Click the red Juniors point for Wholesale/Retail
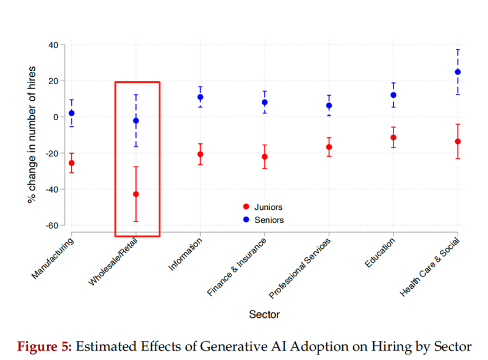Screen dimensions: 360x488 point(135,194)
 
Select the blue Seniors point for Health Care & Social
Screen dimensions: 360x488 point(457,72)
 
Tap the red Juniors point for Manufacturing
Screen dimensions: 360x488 point(71,163)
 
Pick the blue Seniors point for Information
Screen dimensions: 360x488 point(200,97)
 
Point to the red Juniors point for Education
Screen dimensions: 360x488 point(393,137)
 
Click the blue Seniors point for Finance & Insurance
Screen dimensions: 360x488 point(264,103)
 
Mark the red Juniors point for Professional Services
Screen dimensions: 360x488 point(329,147)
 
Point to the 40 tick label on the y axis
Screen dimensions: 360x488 point(53,45)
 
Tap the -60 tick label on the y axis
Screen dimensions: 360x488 point(51,226)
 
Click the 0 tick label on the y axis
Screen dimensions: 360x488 point(56,117)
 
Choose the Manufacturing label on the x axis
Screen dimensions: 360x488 point(52,259)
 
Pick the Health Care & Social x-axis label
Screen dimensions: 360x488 point(429,268)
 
